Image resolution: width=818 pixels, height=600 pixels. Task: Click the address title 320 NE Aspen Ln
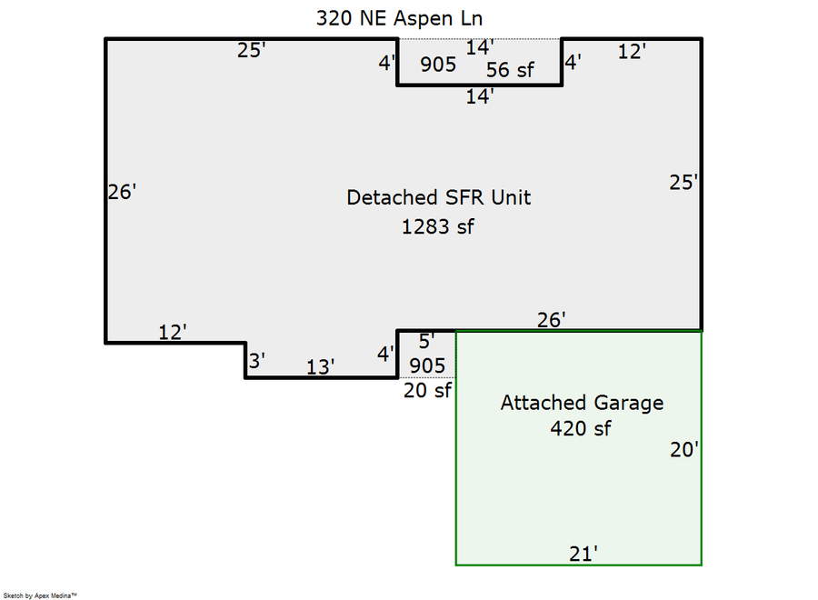coord(399,19)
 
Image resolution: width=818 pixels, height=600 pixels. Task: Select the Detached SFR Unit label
coord(439,198)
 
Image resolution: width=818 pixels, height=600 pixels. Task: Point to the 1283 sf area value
coord(438,227)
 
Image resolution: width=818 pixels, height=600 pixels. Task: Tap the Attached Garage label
coord(583,404)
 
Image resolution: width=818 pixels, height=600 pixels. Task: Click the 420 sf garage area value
coord(581,428)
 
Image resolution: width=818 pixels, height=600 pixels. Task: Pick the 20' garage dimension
coord(684,449)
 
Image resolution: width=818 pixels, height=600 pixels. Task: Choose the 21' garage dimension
coord(584,554)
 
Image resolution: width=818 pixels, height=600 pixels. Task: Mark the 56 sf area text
coord(510,70)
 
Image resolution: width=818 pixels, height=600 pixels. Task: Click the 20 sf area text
coord(427,390)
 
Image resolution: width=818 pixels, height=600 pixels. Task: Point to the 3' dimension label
coord(256,361)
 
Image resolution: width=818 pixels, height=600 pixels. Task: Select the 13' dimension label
coord(320,366)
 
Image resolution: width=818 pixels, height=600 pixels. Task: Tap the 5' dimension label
coord(427,341)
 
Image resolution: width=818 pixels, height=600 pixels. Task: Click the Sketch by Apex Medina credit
coord(40,595)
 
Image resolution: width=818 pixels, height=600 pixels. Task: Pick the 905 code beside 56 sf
coord(438,65)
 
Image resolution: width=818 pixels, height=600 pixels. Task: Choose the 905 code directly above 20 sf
coord(427,365)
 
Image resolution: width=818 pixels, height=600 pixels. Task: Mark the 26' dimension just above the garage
coord(552,320)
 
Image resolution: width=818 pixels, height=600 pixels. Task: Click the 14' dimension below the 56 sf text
coord(480,96)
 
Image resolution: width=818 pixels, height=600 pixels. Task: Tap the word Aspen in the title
coord(423,19)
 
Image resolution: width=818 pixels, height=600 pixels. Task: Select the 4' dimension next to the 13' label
coord(385,355)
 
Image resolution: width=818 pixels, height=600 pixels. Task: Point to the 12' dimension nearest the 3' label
coord(173,332)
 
